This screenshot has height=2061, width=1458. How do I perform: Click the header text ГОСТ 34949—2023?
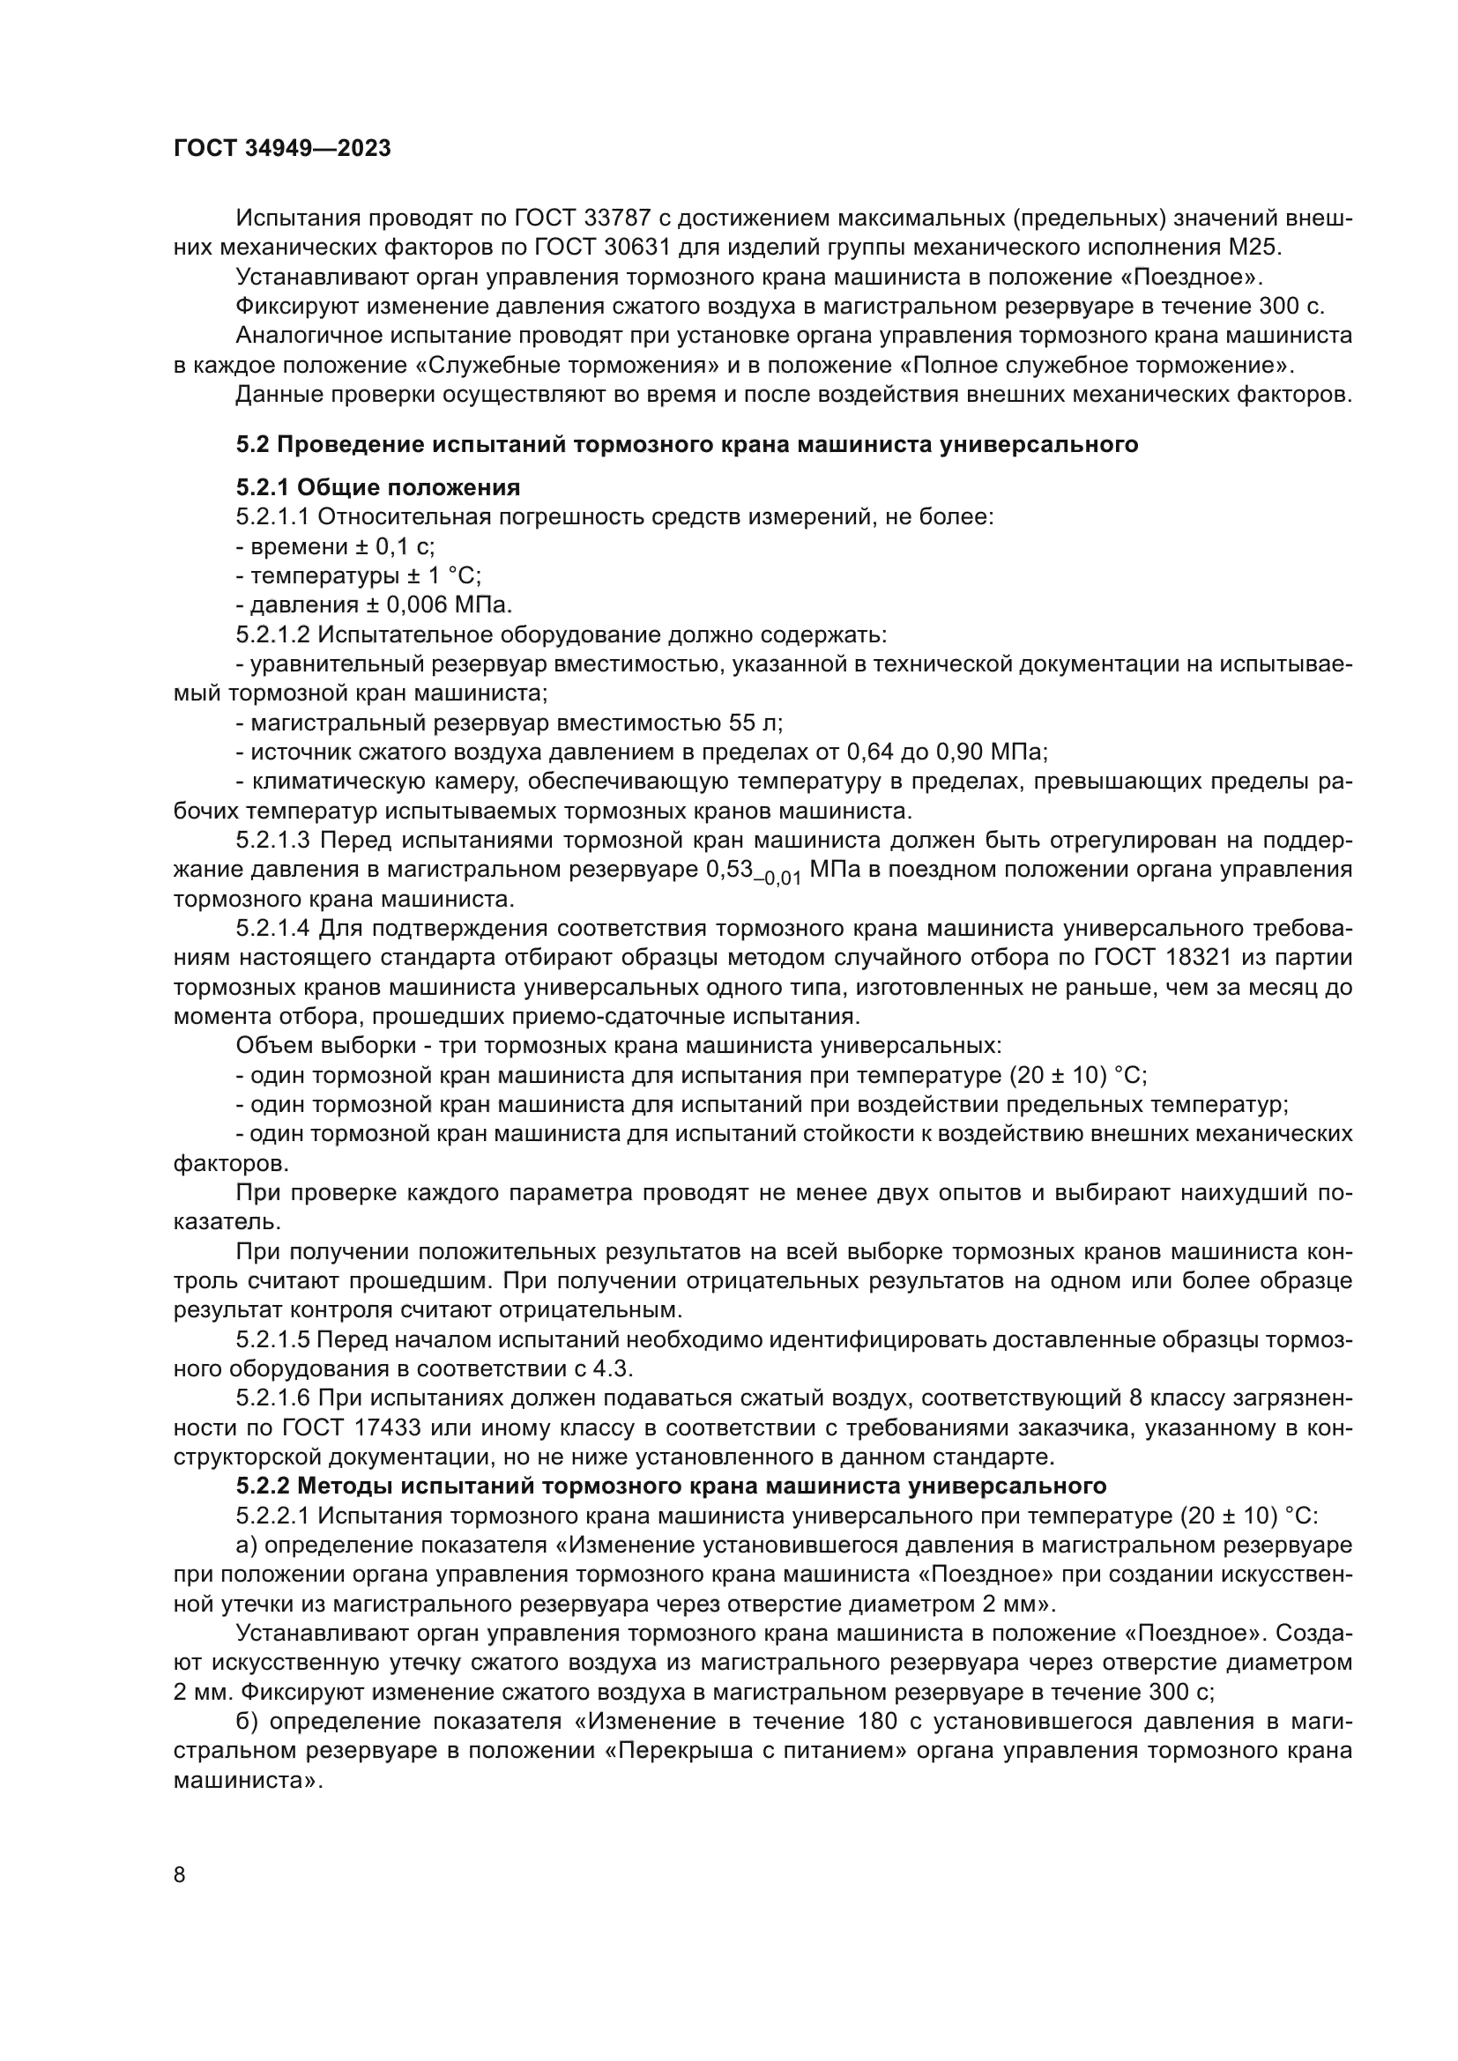(x=282, y=149)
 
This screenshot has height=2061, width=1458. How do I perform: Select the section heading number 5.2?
(x=253, y=444)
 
